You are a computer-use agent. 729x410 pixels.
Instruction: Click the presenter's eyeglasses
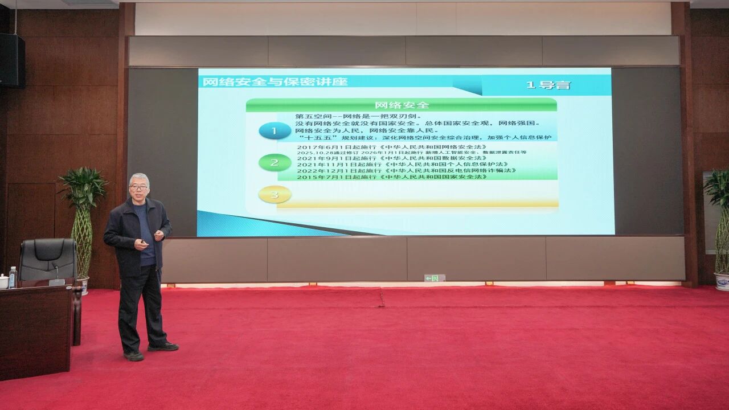pos(138,187)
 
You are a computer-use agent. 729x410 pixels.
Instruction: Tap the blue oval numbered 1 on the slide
pos(275,132)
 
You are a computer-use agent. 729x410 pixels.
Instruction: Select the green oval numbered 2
pos(275,163)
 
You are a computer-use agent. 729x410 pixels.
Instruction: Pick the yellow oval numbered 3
pos(275,195)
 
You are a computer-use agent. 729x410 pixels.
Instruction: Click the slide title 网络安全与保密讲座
pos(275,81)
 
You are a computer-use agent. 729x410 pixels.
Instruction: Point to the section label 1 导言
pos(547,85)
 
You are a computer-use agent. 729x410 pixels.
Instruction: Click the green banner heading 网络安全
pos(402,105)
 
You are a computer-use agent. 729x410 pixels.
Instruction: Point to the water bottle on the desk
pos(13,277)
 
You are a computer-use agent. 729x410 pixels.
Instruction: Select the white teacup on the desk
pos(3,281)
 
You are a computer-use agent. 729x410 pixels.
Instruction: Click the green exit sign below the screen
pos(434,278)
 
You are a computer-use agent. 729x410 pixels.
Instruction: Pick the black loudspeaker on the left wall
pos(12,60)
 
